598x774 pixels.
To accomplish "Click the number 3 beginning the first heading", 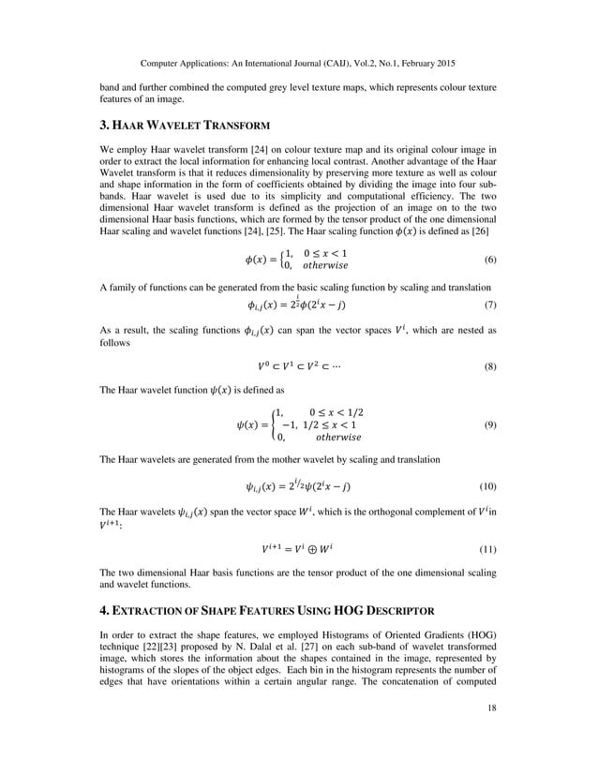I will point(103,125).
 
